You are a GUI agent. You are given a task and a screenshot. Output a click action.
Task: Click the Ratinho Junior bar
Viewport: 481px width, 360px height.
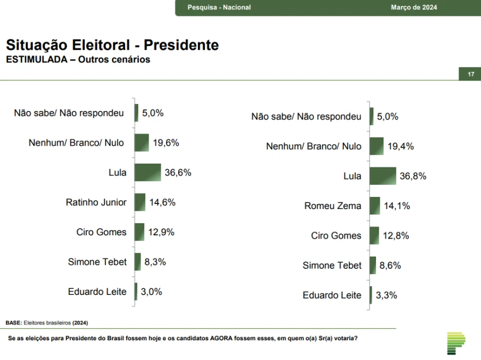(140, 202)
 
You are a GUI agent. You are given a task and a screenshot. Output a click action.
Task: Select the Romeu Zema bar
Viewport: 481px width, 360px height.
(374, 206)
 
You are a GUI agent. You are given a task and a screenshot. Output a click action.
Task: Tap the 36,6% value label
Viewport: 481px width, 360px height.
(178, 173)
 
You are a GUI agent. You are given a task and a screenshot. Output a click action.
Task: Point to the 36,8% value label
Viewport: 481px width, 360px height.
(413, 176)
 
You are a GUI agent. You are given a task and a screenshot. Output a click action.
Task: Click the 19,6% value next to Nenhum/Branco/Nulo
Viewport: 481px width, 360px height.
(166, 143)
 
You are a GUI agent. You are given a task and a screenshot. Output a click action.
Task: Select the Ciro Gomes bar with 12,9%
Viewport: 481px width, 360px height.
(139, 232)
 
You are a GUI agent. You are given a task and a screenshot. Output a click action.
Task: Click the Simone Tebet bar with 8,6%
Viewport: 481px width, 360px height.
(373, 265)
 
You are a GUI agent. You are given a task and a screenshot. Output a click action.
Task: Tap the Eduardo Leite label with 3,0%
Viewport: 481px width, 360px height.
(97, 292)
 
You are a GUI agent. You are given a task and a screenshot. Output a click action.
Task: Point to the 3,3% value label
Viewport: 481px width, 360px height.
(386, 295)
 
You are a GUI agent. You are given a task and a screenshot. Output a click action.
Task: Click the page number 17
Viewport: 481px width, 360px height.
(470, 74)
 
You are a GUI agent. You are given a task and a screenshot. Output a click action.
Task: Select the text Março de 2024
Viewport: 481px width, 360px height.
(414, 8)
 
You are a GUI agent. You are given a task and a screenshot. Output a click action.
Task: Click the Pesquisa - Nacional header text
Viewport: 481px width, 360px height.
(219, 8)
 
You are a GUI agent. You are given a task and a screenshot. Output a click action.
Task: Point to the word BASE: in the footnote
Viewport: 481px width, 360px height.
(14, 323)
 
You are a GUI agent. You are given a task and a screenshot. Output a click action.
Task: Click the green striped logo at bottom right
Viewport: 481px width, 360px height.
(455, 342)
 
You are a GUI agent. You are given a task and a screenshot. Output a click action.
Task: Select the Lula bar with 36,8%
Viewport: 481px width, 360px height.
(383, 176)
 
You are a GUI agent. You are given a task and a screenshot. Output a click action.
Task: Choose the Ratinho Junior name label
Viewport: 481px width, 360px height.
(96, 202)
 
